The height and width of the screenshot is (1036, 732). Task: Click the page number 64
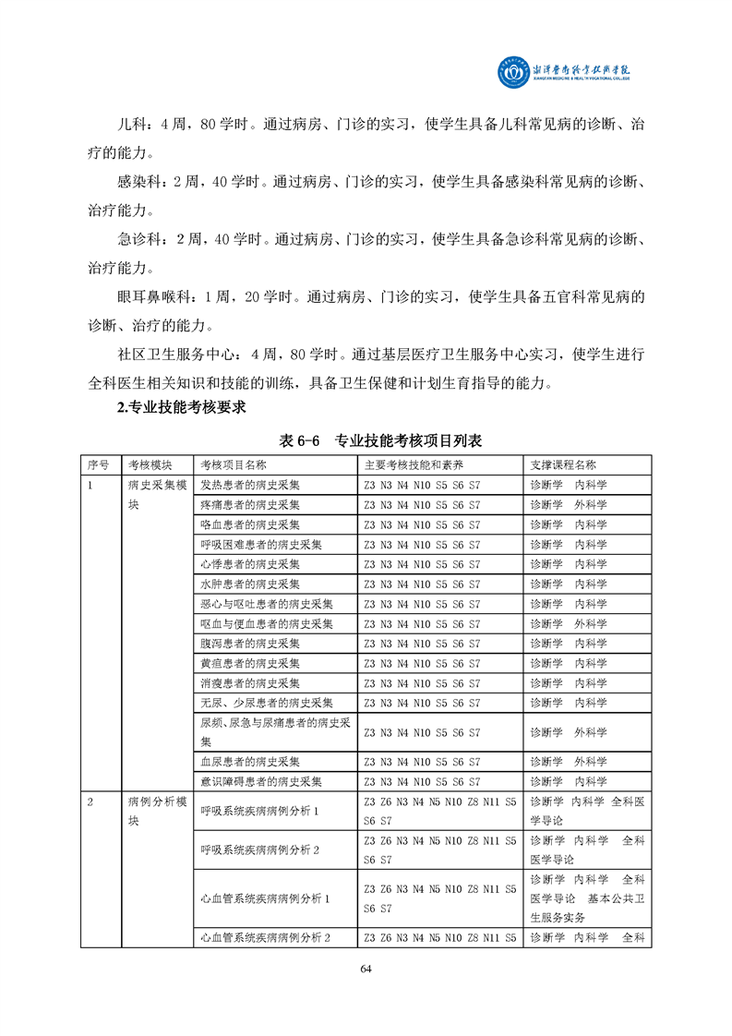click(366, 968)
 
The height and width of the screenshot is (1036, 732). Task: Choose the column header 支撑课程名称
click(563, 464)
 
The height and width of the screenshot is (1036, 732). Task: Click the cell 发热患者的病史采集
click(249, 485)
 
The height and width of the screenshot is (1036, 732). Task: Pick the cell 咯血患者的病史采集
click(249, 524)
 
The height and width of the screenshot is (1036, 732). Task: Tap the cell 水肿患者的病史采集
click(249, 584)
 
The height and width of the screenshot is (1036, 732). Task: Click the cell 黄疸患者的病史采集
click(249, 663)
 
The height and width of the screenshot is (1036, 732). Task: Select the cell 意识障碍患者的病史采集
click(261, 781)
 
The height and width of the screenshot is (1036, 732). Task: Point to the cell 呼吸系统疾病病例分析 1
click(259, 811)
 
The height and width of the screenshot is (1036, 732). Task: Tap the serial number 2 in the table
click(90, 801)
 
